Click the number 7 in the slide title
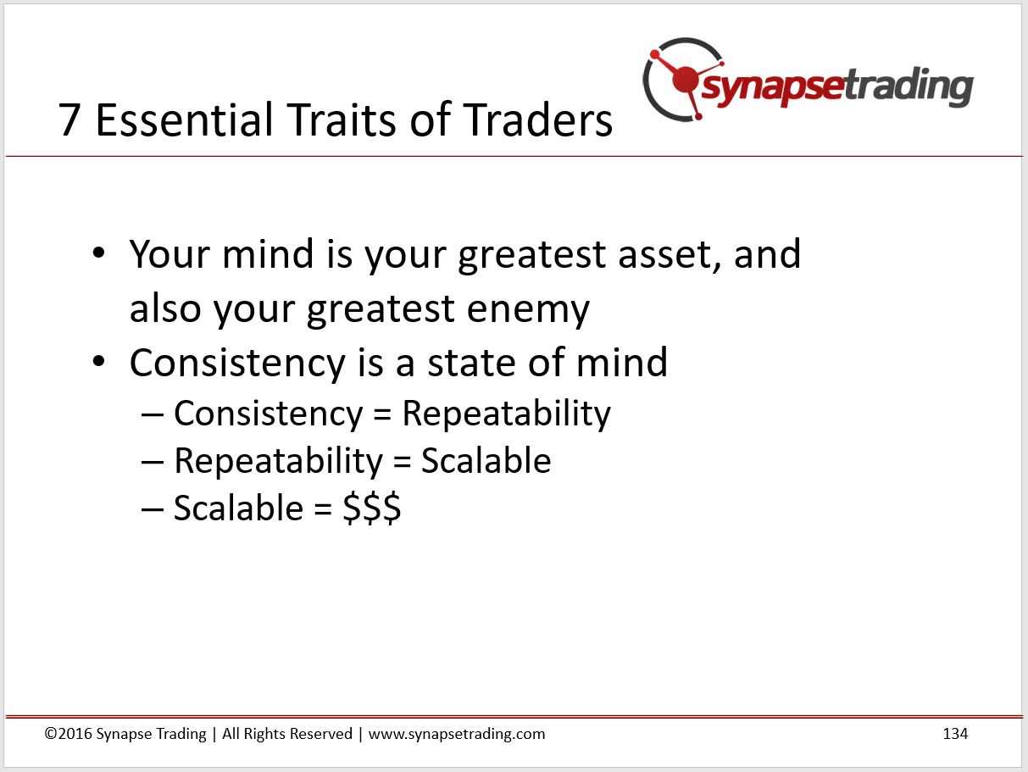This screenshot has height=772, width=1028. (69, 119)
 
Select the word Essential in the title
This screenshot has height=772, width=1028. (184, 119)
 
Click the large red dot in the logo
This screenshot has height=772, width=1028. (686, 80)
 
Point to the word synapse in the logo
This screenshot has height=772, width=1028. (773, 86)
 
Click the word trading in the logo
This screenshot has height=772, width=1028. (909, 86)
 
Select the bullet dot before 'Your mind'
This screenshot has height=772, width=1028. (99, 253)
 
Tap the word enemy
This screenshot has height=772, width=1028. (528, 310)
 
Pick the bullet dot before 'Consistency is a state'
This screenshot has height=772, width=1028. (99, 361)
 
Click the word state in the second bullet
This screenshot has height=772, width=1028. (471, 363)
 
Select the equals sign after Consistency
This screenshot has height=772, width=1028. (382, 414)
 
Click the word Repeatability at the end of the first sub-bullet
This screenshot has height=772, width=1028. (507, 414)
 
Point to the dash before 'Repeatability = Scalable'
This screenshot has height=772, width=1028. (153, 462)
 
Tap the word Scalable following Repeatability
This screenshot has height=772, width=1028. (486, 461)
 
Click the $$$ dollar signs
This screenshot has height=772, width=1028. (372, 508)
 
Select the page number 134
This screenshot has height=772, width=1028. (955, 734)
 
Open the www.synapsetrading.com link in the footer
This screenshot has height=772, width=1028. (457, 734)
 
